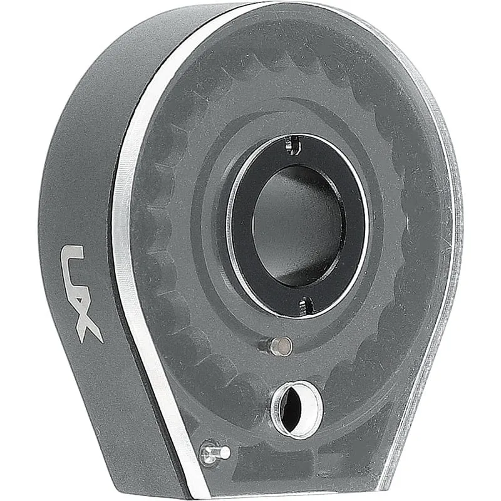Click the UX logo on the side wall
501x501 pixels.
tap(80, 294)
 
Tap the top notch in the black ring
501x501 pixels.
tap(293, 145)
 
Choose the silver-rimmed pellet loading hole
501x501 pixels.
tap(296, 410)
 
